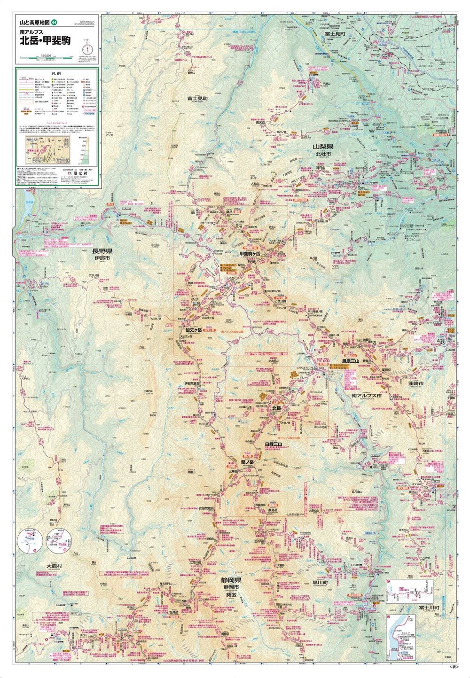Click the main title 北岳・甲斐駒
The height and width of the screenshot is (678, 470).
pyautogui.click(x=45, y=41)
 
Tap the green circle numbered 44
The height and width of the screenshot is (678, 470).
pyautogui.click(x=55, y=22)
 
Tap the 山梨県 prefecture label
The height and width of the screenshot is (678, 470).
pyautogui.click(x=323, y=147)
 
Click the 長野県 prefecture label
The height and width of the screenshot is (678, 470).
pyautogui.click(x=102, y=251)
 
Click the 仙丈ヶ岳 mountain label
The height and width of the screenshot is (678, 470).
pyautogui.click(x=193, y=330)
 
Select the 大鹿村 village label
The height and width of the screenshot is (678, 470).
pyautogui.click(x=54, y=566)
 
